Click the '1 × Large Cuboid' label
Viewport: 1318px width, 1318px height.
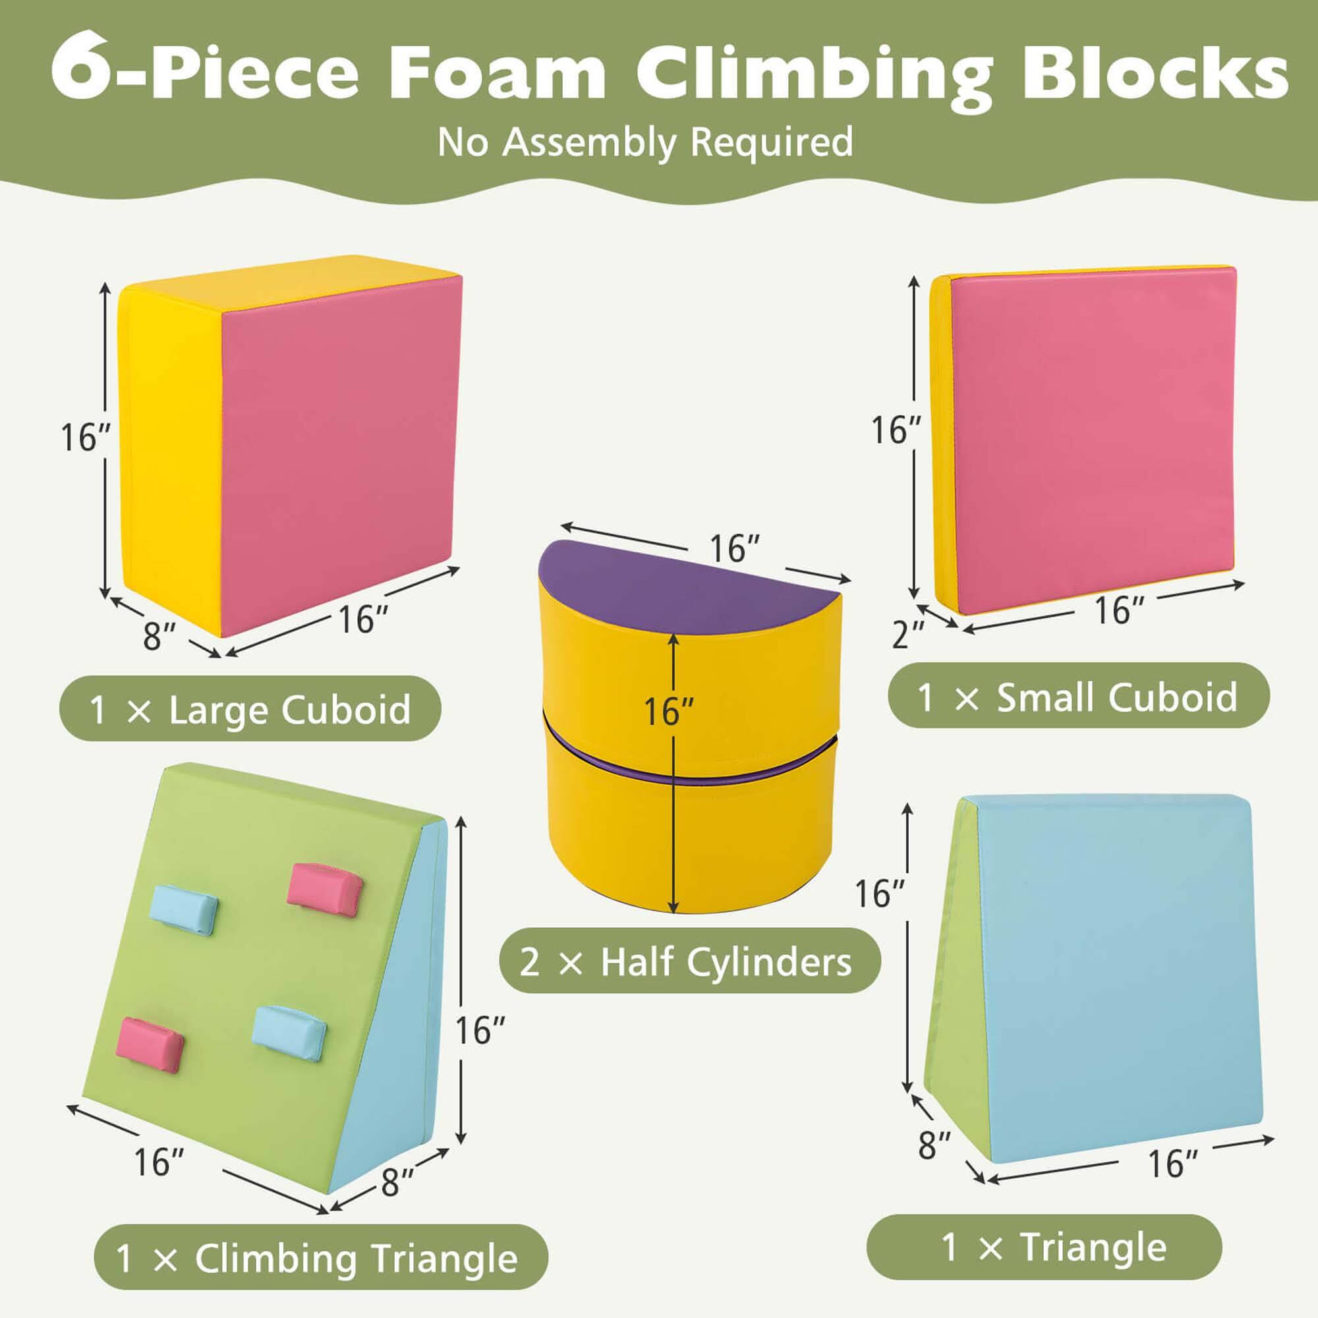coord(250,710)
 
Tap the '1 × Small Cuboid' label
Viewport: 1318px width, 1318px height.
coord(1078,697)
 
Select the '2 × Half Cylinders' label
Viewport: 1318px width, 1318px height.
coord(690,963)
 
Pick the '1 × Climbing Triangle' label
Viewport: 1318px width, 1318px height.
coord(320,1258)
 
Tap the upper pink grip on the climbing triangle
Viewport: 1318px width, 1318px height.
coord(325,885)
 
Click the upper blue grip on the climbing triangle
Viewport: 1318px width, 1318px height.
coord(183,909)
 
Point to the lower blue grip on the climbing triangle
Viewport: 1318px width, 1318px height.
coord(289,1033)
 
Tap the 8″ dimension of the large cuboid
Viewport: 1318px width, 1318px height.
coord(159,636)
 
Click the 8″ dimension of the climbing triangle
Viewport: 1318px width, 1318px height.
coord(398,1182)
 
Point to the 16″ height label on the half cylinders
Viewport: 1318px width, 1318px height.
coord(670,712)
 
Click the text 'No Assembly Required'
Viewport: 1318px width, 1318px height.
coord(645,142)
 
